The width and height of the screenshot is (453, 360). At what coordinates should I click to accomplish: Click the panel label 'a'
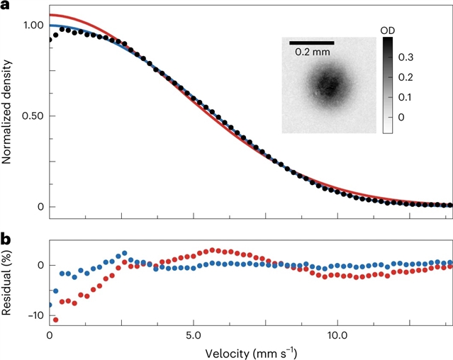pyautogui.click(x=5, y=6)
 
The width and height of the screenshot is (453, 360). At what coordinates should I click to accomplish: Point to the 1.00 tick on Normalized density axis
pyautogui.click(x=33, y=25)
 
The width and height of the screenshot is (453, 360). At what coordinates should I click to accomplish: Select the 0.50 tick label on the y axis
pyautogui.click(x=33, y=116)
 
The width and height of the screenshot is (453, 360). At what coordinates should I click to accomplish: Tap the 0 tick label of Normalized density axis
pyautogui.click(x=40, y=207)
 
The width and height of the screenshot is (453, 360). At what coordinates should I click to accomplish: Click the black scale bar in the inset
pyautogui.click(x=311, y=42)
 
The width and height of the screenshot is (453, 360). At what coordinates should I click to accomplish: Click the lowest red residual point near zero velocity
pyautogui.click(x=55, y=320)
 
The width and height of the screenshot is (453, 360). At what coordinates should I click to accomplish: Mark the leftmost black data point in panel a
pyautogui.click(x=50, y=40)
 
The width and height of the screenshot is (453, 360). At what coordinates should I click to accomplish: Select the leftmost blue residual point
pyautogui.click(x=50, y=305)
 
